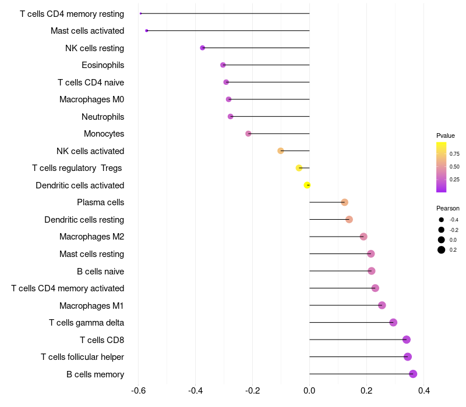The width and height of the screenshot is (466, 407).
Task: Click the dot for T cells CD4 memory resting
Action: [140, 13]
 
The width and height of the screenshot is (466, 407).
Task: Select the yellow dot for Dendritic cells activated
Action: [307, 185]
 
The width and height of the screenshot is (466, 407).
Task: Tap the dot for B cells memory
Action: [413, 374]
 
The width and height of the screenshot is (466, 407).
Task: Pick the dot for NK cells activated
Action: [281, 151]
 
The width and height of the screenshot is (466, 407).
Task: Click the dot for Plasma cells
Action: [344, 202]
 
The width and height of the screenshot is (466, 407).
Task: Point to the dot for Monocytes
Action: [248, 134]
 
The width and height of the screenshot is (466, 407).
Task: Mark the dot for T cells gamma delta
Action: [393, 323]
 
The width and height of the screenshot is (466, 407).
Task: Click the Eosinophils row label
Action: [103, 65]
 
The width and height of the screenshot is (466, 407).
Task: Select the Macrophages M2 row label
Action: [91, 237]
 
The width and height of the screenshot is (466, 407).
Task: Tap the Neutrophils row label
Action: [103, 117]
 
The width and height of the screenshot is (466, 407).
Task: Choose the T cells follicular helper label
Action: [82, 357]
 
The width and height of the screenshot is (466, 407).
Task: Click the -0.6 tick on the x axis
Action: [138, 390]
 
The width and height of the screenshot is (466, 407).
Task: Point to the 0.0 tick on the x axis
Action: [309, 390]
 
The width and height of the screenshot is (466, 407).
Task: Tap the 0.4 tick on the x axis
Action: [424, 390]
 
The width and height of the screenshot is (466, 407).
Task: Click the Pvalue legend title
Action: [446, 135]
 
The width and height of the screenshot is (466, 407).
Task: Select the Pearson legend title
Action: [448, 208]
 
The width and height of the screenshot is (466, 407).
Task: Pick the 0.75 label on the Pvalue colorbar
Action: [454, 154]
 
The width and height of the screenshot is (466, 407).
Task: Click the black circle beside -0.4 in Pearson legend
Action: [442, 220]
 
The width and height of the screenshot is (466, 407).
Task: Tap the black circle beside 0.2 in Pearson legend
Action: [442, 250]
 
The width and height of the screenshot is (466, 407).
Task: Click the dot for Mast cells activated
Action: [147, 31]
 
